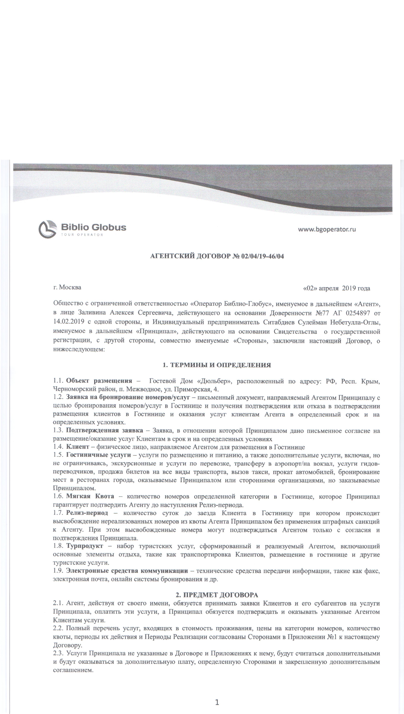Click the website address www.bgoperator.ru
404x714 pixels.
coord(327,229)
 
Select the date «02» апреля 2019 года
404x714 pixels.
coord(337,288)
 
